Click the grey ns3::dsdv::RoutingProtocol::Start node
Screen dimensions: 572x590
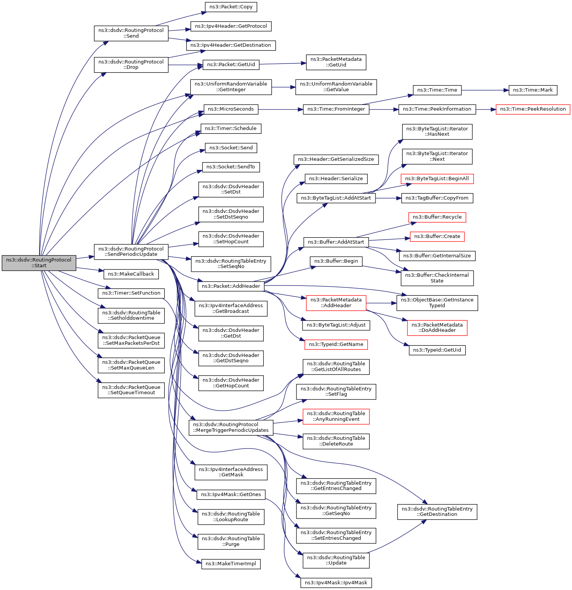pos(39,263)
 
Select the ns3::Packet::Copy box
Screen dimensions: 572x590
pos(231,7)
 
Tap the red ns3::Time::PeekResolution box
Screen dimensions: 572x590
pos(533,109)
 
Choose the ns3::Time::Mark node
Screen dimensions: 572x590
pos(533,90)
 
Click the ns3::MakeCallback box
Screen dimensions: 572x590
pos(131,274)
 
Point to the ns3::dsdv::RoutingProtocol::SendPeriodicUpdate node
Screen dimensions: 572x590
pos(131,252)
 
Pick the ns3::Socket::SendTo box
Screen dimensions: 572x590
pos(231,167)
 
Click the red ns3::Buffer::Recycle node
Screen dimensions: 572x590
pos(437,217)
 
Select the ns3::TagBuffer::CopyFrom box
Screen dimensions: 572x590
pos(437,198)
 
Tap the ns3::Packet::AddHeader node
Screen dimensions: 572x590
pos(231,286)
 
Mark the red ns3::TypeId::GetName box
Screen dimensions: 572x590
pos(336,344)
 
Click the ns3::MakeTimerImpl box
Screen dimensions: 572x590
pos(231,564)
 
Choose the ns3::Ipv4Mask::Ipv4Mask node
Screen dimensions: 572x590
pos(336,583)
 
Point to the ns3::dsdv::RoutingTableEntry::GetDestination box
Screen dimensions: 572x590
pos(437,512)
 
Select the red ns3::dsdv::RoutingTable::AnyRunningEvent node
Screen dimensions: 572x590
pos(336,416)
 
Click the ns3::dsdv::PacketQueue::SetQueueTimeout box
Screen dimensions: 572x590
pos(131,390)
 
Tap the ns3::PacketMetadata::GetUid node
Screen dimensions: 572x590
pos(336,62)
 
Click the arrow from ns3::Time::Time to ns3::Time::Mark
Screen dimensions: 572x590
pos(485,90)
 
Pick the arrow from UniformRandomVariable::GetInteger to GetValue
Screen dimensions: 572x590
pos(284,87)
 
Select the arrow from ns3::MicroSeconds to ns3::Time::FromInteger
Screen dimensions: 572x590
pos(280,109)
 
